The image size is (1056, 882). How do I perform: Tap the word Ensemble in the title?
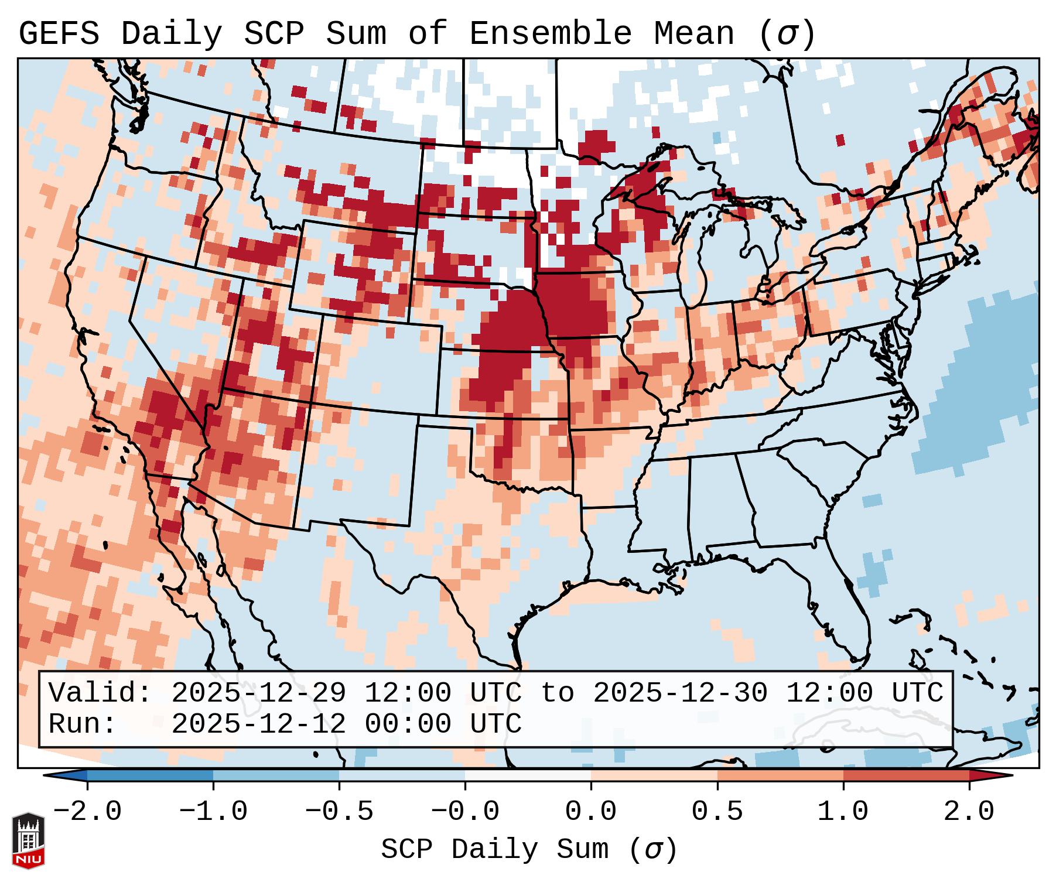click(x=550, y=34)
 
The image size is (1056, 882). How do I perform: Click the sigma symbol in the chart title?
click(x=787, y=34)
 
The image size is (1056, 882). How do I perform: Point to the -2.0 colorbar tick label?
click(x=87, y=812)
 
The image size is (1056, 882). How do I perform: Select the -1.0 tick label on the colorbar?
click(x=213, y=812)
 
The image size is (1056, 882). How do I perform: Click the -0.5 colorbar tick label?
click(x=339, y=812)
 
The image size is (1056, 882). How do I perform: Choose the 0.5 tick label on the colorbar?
click(x=717, y=812)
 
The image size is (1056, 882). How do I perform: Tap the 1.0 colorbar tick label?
click(x=843, y=812)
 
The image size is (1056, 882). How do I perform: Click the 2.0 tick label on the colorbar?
click(x=969, y=812)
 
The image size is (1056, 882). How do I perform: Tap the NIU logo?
click(x=28, y=840)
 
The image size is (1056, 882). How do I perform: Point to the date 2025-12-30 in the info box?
click(x=680, y=693)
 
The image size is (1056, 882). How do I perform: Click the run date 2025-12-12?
click(x=258, y=724)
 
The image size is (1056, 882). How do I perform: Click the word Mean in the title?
click(x=693, y=34)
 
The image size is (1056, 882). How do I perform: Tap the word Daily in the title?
click(x=172, y=34)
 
